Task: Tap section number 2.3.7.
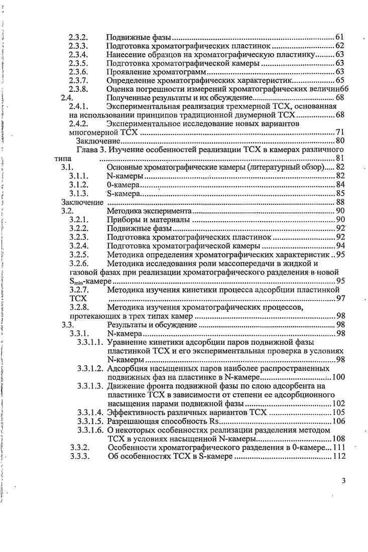(x=78, y=81)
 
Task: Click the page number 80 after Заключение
(x=339, y=141)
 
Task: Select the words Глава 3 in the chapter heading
(x=90, y=150)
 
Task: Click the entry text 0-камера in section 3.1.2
(x=124, y=185)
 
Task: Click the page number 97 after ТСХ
(x=339, y=299)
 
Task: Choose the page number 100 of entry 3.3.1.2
(x=337, y=377)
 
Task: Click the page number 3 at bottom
(x=343, y=481)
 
